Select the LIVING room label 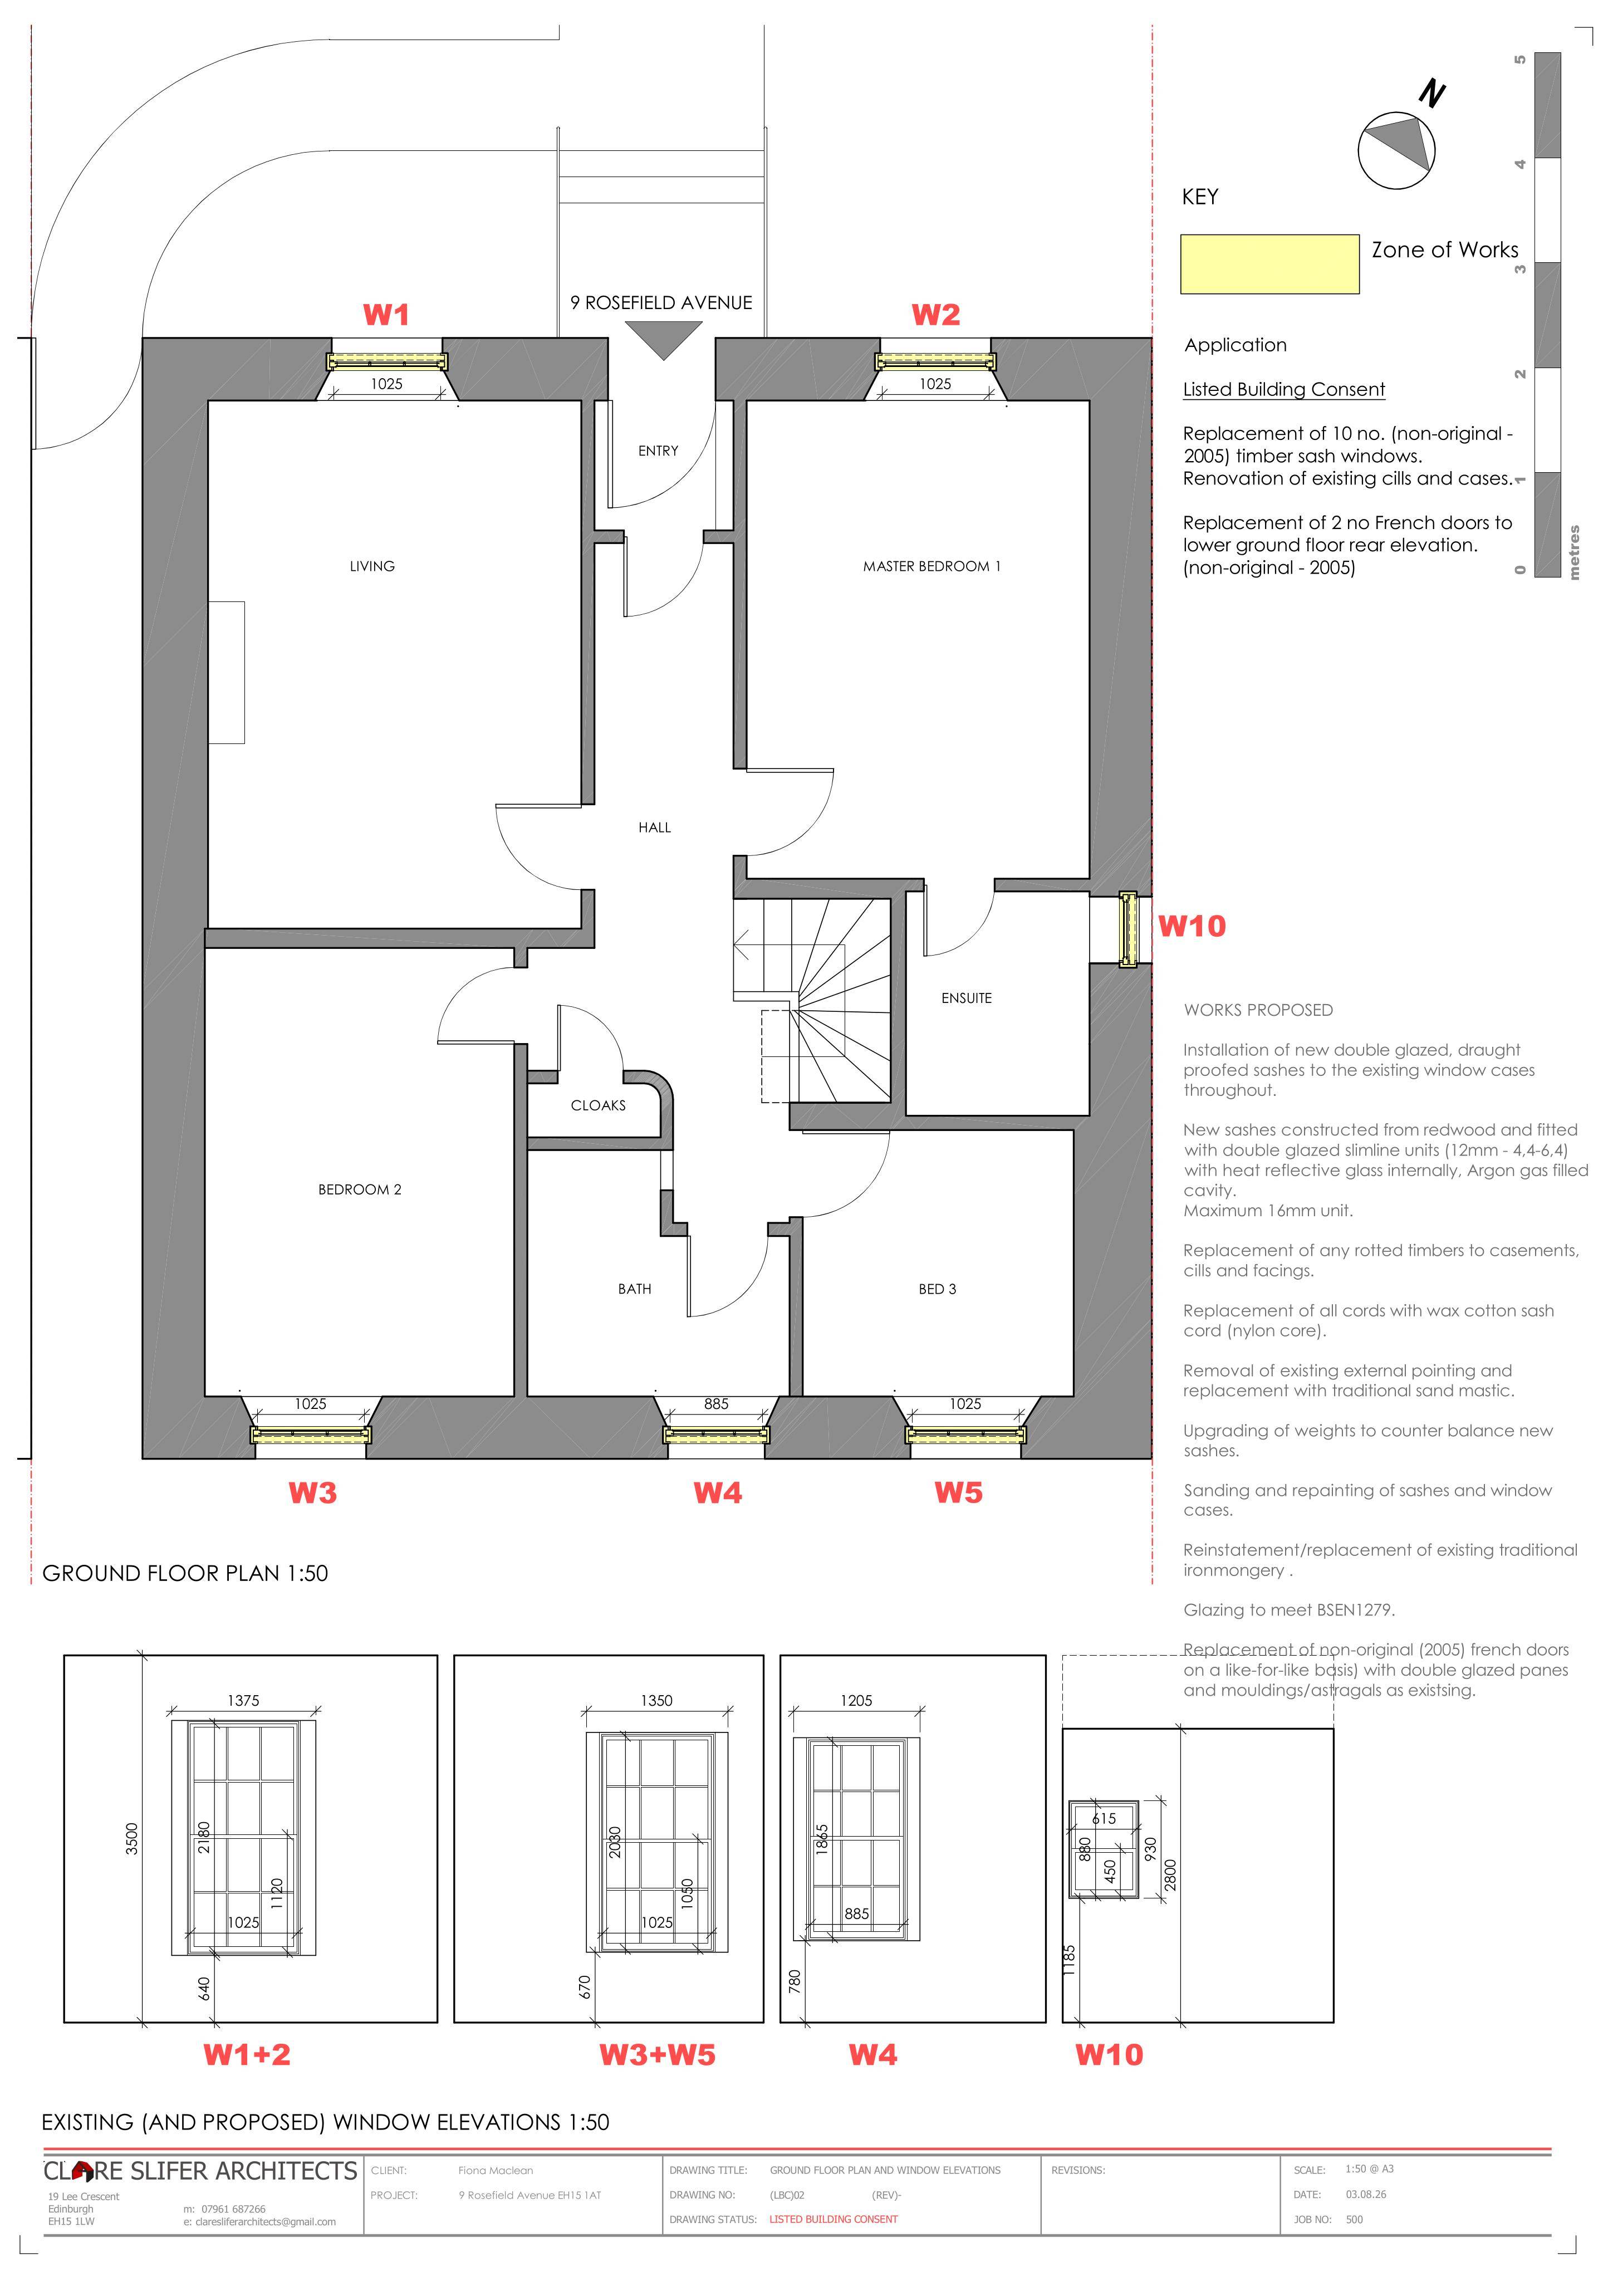[372, 566]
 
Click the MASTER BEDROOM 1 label [931, 566]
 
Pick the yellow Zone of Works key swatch [1269, 265]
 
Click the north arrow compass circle [1396, 150]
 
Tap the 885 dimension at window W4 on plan [716, 1404]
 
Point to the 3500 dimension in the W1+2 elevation [132, 1838]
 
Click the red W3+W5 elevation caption [658, 2054]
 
